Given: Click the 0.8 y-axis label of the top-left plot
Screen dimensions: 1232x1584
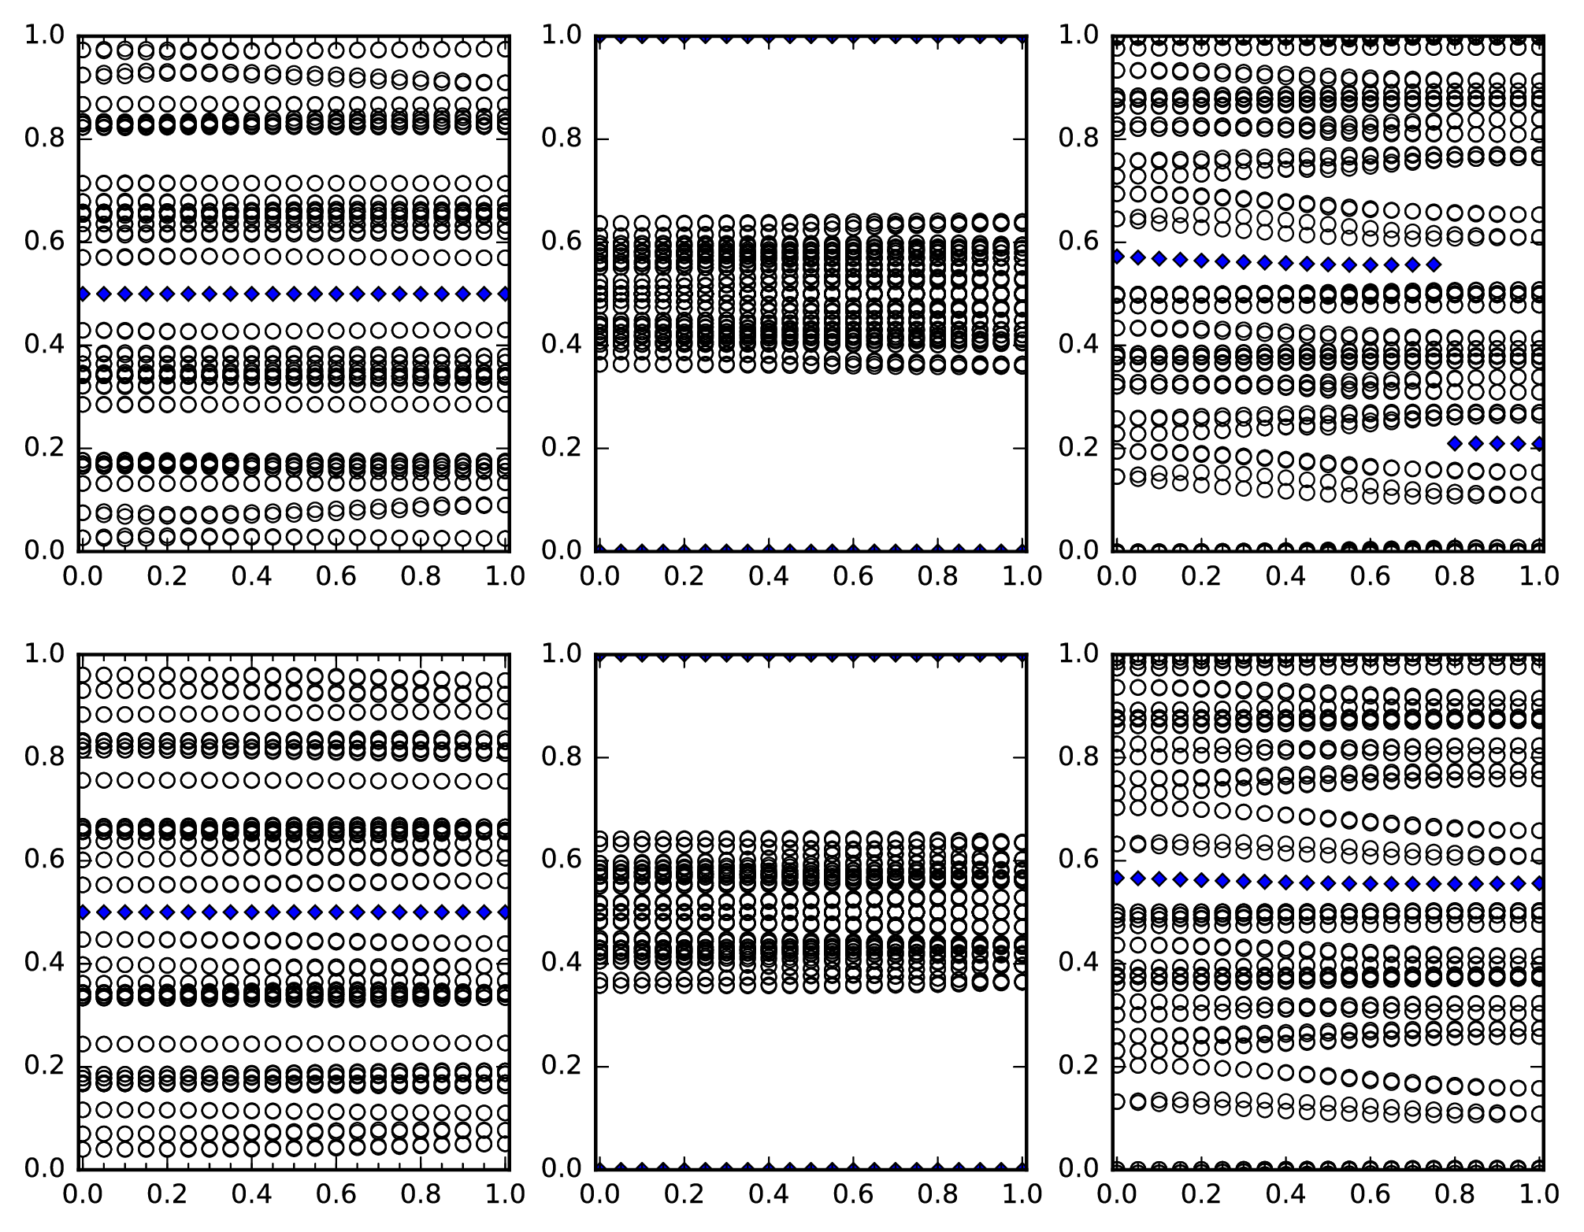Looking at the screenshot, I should (x=46, y=139).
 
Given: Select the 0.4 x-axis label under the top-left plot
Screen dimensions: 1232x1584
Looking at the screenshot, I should (x=251, y=576).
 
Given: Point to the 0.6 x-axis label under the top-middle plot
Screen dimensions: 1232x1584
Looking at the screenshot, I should (x=853, y=576).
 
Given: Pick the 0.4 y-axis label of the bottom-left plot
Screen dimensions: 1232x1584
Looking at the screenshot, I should (x=46, y=963).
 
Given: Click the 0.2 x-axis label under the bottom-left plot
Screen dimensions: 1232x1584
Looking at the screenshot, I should (x=166, y=1194).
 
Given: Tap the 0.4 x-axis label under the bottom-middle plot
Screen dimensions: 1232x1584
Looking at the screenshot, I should (x=768, y=1194).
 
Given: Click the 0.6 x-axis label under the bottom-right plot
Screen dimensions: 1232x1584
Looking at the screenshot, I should (x=1370, y=1194).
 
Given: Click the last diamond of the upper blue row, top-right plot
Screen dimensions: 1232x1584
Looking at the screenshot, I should (x=1434, y=265).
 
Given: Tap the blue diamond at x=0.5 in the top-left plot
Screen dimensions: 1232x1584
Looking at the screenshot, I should (x=294, y=294).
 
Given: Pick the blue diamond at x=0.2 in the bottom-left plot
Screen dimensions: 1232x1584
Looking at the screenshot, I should (x=166, y=912).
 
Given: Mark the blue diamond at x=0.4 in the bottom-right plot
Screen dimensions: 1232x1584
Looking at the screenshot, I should (x=1285, y=882).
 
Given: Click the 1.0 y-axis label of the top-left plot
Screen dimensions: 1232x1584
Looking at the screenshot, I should (x=46, y=35).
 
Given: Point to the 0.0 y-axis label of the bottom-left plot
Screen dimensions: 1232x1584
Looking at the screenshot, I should (x=46, y=1168).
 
